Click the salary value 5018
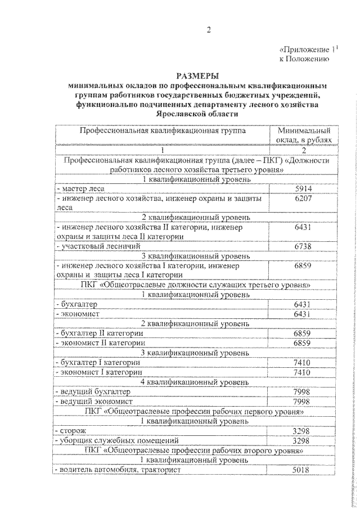point(303,470)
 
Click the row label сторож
point(71,430)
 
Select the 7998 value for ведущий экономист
point(303,402)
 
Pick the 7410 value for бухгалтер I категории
point(303,363)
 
